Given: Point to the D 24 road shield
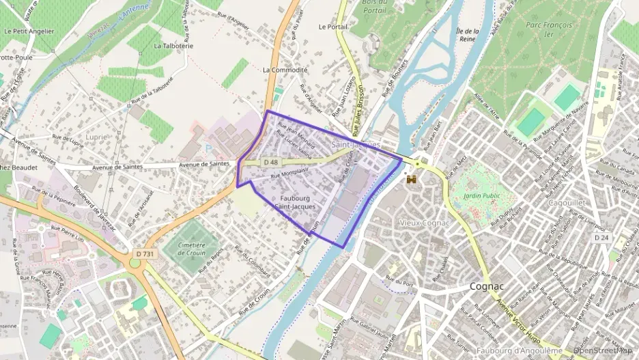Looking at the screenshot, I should coord(601,238).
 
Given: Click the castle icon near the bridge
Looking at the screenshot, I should coord(411,179).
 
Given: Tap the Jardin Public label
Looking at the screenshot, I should coord(482,195).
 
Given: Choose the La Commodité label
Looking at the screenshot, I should coord(285,70).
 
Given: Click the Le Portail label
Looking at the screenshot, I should coord(333,27).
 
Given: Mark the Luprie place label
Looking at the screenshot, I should coord(96,137).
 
